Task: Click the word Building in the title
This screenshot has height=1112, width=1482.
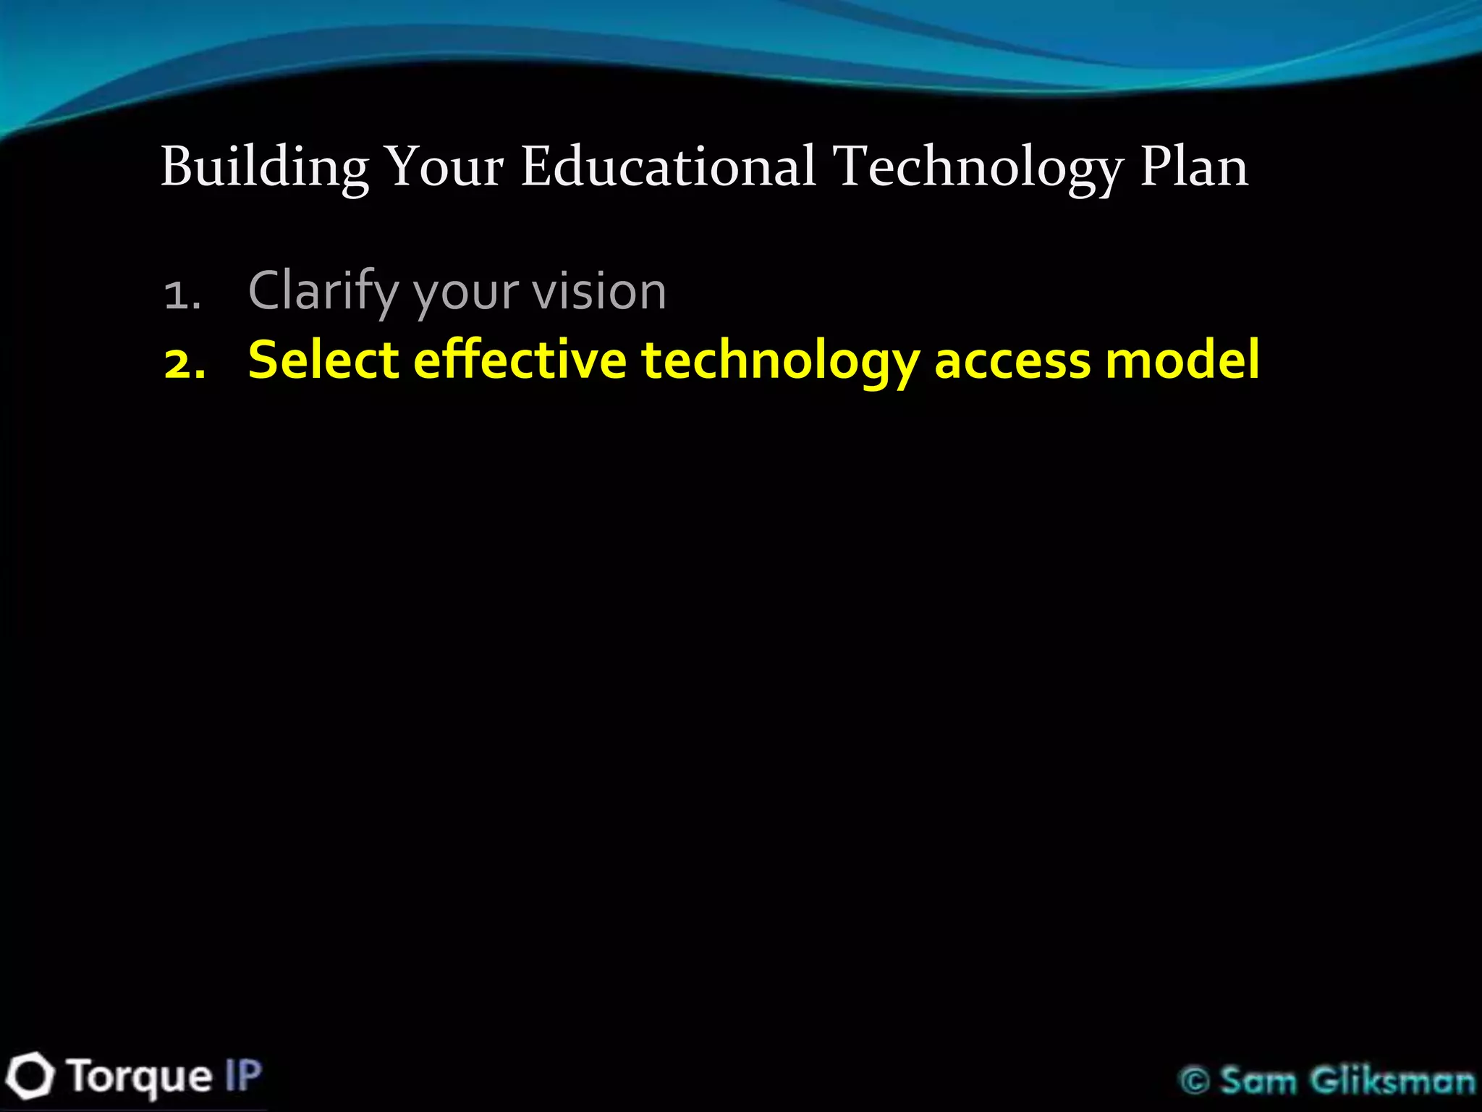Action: pyautogui.click(x=265, y=167)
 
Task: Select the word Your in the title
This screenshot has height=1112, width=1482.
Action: pyautogui.click(x=444, y=167)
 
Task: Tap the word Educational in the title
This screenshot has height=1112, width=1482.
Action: pyautogui.click(x=669, y=167)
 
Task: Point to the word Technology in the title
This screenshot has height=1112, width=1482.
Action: pyautogui.click(x=978, y=169)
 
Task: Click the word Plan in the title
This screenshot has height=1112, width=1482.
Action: pyautogui.click(x=1194, y=167)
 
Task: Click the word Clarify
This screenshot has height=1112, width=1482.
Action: pyautogui.click(x=323, y=292)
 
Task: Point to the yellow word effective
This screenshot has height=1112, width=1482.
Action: pyautogui.click(x=520, y=360)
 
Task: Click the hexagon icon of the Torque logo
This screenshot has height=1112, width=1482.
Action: pyautogui.click(x=30, y=1077)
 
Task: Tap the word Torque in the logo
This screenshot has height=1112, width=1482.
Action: pyautogui.click(x=140, y=1077)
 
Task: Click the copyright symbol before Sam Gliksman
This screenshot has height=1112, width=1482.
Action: pyautogui.click(x=1195, y=1082)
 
